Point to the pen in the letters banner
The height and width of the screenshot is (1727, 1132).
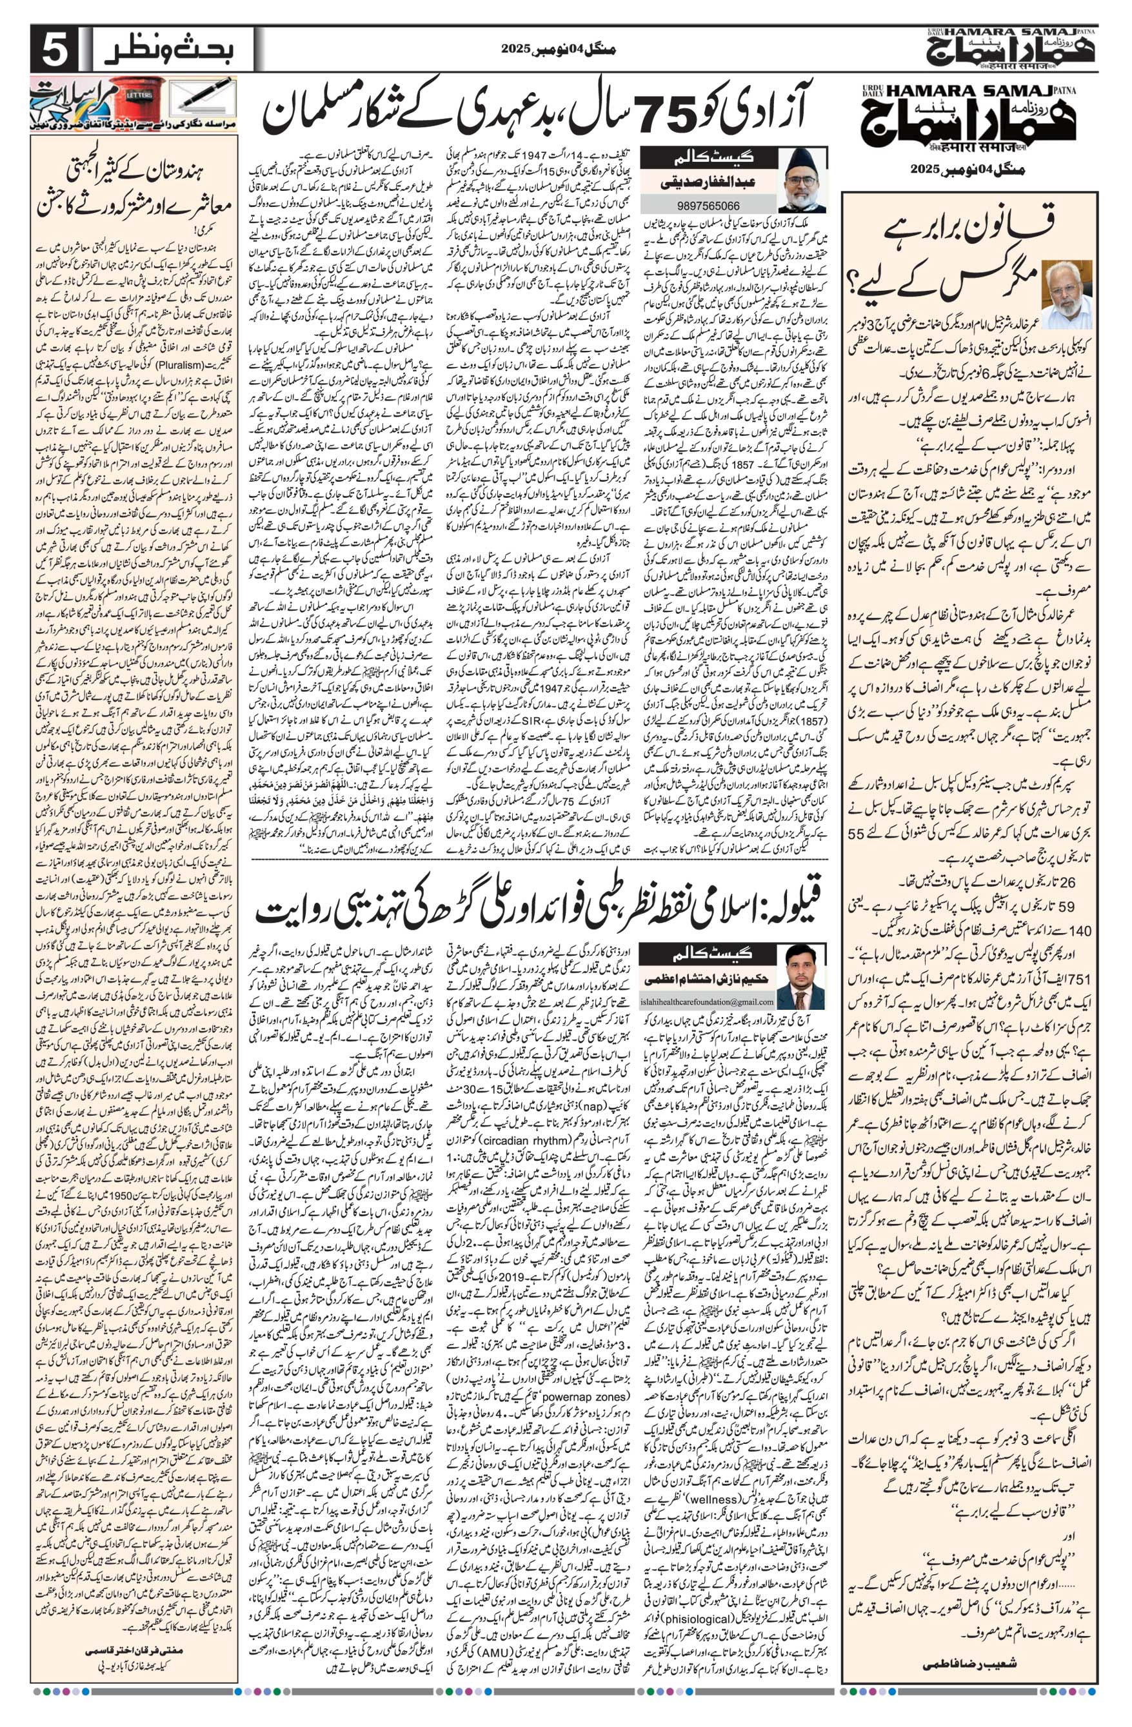pyautogui.click(x=204, y=94)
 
